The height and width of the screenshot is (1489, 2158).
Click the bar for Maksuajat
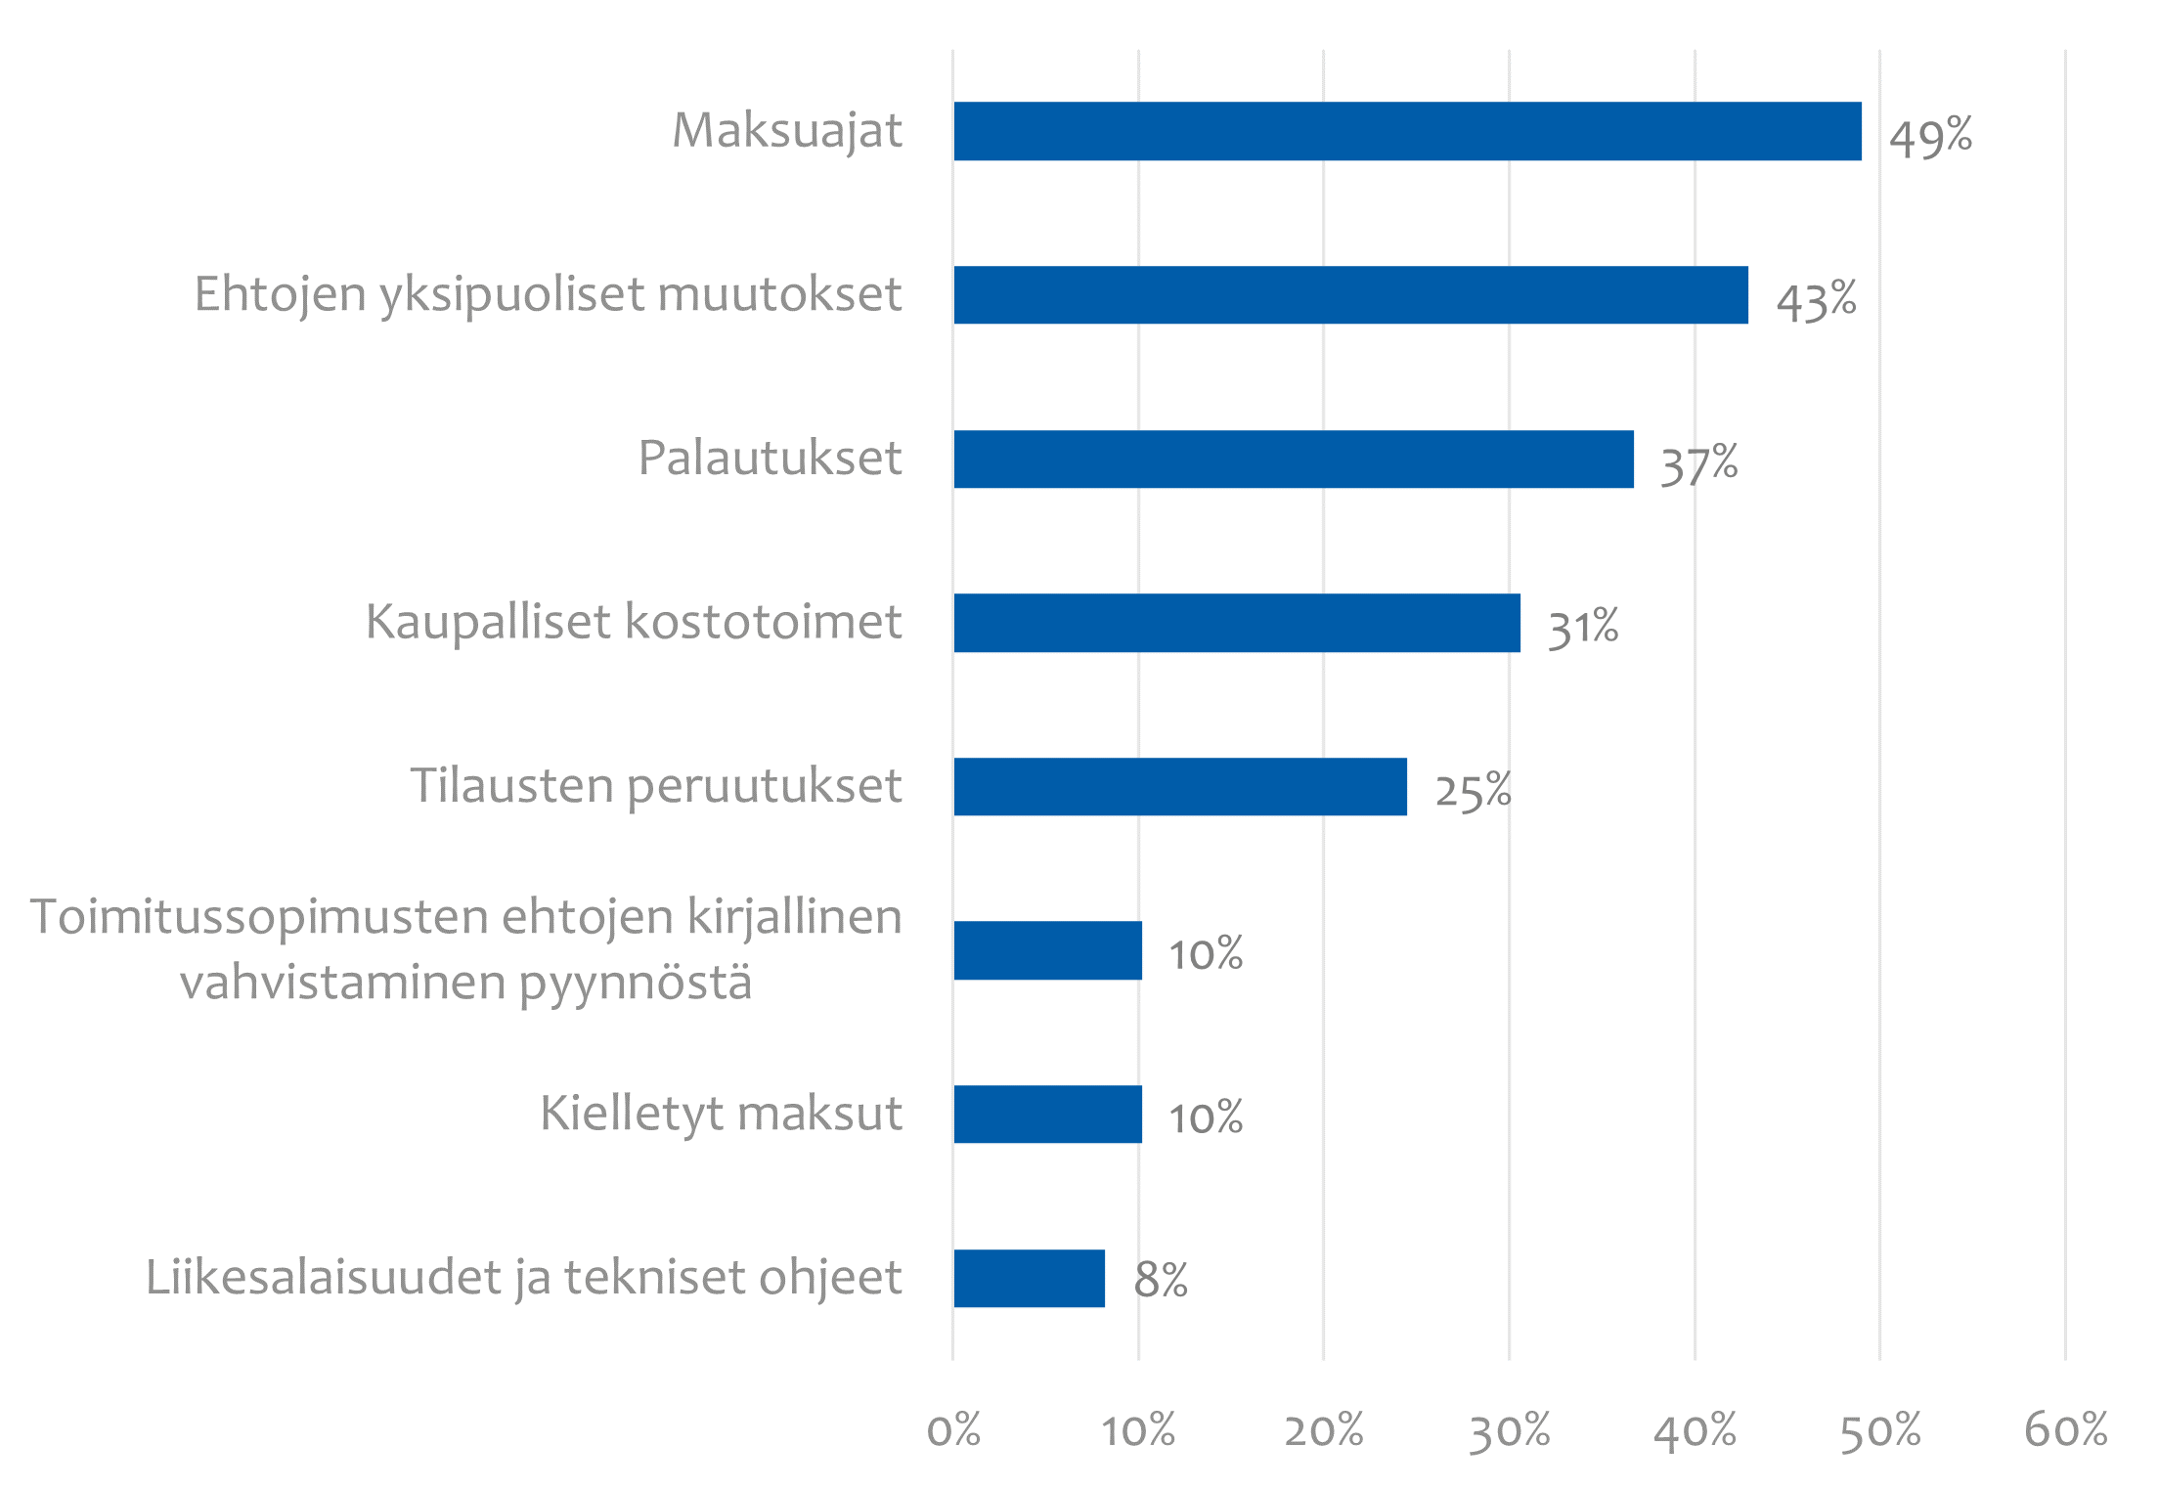coord(1407,131)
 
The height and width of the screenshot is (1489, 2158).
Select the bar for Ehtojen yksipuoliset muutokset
coord(1350,295)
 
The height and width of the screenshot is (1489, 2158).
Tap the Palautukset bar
coord(1294,459)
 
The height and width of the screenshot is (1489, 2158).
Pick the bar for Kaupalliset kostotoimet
coord(1237,623)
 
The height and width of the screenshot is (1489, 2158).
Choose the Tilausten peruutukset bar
coord(1180,786)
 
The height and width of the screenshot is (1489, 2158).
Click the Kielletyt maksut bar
coord(1047,1114)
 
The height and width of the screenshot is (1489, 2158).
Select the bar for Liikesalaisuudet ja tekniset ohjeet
coord(1029,1278)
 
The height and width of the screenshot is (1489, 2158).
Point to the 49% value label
coord(1930,136)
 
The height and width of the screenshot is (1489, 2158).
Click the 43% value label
coord(1816,300)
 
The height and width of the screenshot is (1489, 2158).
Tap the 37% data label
coord(1699,464)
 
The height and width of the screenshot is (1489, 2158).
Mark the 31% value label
coord(1583,628)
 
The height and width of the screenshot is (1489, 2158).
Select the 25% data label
coord(1473,791)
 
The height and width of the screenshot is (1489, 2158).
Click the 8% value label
coord(1161,1280)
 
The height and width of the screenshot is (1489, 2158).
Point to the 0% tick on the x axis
coord(953,1430)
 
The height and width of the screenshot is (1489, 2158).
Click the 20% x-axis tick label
coord(1323,1430)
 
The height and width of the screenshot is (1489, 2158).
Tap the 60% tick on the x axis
coord(2065,1430)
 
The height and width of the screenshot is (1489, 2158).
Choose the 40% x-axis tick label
coord(1695,1430)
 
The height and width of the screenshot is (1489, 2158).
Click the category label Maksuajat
coord(787,131)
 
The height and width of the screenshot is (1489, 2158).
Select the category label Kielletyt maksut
coord(721,1114)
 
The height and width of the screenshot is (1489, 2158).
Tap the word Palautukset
coord(770,459)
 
